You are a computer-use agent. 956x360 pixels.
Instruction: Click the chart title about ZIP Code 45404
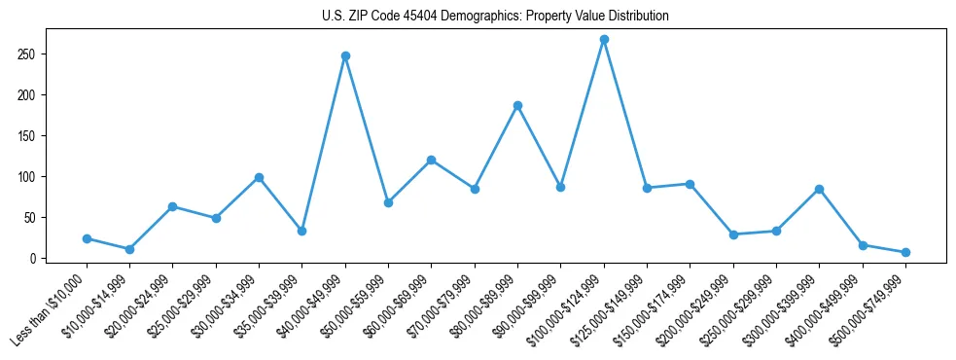[495, 17]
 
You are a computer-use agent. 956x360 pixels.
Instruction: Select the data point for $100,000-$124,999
[604, 39]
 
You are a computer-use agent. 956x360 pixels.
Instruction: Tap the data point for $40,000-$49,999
[345, 55]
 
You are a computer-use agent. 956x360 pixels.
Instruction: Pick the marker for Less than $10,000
[87, 238]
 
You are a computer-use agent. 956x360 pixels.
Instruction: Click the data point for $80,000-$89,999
[517, 105]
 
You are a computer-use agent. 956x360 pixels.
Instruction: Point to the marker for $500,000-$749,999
[905, 252]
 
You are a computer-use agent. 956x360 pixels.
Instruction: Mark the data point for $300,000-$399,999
[819, 189]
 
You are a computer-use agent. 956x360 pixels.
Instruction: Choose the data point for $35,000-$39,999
[302, 231]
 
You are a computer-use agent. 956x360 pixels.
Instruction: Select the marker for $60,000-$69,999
[431, 160]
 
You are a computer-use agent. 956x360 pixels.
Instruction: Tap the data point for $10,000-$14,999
[129, 249]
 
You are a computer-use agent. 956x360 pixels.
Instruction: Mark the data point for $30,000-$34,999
[259, 177]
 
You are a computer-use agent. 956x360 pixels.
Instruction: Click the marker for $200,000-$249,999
[733, 234]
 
